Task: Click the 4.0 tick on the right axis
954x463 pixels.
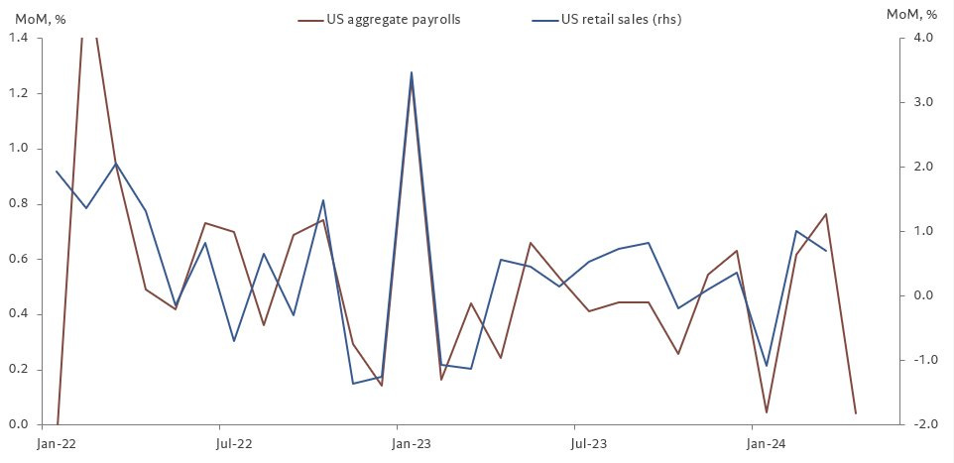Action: click(923, 38)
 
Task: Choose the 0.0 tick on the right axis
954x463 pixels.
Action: click(923, 295)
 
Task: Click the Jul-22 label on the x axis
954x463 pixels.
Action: click(234, 443)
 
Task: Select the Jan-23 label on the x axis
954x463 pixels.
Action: click(411, 443)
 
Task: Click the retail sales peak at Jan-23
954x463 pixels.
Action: click(412, 72)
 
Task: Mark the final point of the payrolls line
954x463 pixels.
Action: click(855, 412)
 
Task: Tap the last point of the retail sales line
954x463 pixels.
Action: click(826, 251)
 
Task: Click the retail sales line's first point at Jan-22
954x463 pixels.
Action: click(57, 172)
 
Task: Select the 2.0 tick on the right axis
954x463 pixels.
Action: click(923, 167)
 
